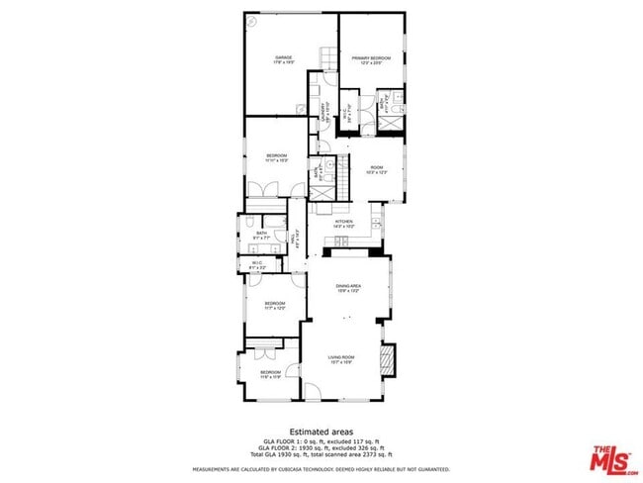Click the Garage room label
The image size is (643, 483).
(284, 60)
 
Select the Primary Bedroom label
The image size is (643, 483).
(371, 60)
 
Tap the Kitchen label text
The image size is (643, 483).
(343, 224)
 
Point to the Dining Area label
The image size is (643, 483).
(348, 288)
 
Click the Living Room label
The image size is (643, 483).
(341, 359)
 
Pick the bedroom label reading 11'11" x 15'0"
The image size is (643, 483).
(276, 158)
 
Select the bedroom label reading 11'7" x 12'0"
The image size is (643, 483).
(274, 306)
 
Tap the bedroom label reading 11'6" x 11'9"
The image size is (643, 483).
(271, 374)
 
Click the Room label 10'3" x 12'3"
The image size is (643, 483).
(376, 170)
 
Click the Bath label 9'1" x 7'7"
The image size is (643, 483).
(261, 236)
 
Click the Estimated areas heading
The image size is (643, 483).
(321, 432)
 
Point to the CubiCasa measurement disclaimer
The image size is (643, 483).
(321, 469)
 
